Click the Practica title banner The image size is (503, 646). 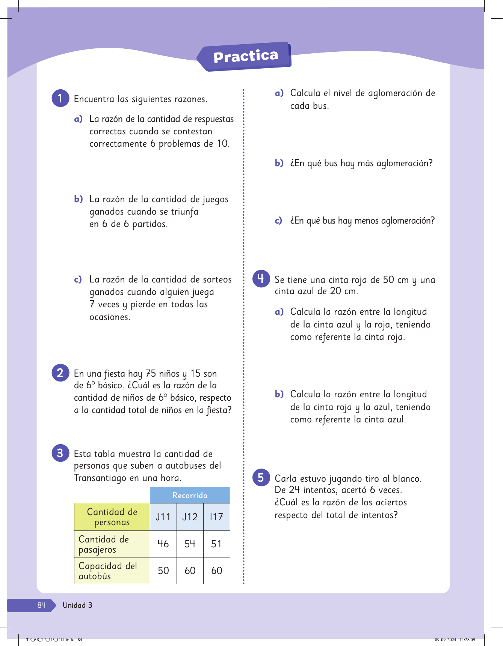click(245, 56)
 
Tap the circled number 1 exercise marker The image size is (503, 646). click(60, 98)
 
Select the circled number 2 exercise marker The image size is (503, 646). click(60, 373)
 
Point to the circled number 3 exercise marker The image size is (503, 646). click(60, 453)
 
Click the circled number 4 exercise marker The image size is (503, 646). click(261, 279)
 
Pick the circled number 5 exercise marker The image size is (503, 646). click(261, 478)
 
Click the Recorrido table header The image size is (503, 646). click(190, 495)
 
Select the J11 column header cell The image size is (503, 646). click(163, 517)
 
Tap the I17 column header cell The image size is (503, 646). click(216, 517)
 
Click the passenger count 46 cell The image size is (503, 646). click(163, 544)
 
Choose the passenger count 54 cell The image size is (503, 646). click(190, 544)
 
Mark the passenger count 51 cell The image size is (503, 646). click(216, 544)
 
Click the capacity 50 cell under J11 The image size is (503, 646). click(163, 571)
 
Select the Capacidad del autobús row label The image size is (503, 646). click(108, 571)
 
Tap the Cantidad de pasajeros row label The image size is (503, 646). click(104, 544)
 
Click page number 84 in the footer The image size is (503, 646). click(41, 605)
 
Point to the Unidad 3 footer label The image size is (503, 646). click(77, 605)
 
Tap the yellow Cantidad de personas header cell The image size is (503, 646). click(112, 517)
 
